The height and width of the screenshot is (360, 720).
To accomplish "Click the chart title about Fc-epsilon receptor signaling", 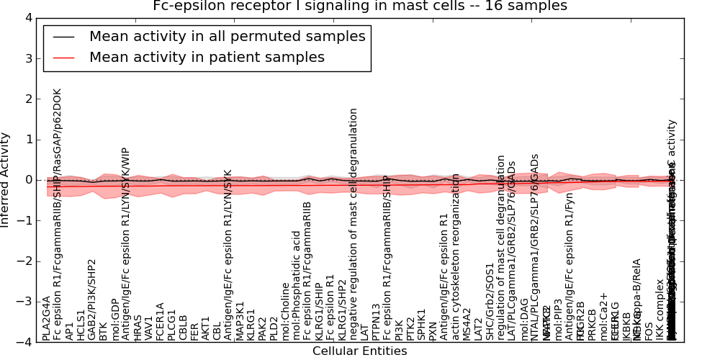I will [360, 6].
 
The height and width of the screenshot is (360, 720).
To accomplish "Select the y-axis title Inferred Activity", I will [6, 179].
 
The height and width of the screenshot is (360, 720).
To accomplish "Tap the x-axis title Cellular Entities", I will [359, 351].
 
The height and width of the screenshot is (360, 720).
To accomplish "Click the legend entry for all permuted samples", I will [227, 36].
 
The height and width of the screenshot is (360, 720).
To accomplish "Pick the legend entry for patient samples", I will [207, 57].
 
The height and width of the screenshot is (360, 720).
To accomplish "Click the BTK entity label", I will [104, 331].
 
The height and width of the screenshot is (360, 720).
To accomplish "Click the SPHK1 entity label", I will [421, 325].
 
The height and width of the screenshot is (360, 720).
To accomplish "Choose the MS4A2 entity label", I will [467, 324].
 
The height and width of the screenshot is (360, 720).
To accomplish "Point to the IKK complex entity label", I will [660, 319].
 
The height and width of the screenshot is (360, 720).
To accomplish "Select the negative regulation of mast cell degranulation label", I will [354, 224].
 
